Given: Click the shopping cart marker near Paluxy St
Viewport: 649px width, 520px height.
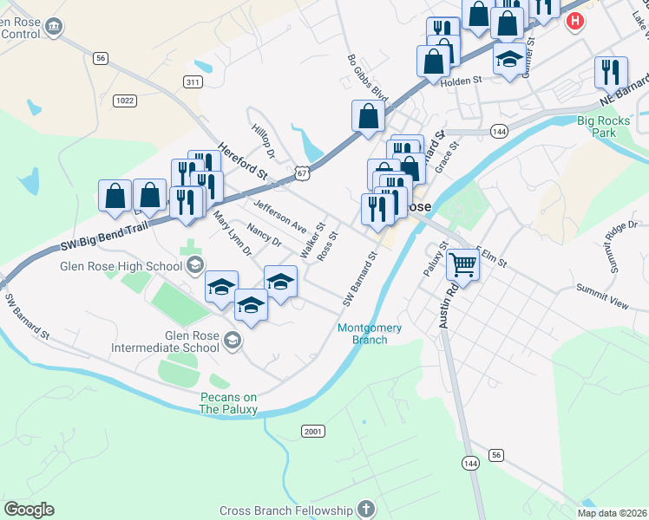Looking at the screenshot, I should click(463, 263).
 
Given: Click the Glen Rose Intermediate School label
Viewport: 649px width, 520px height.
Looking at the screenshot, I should click(166, 341).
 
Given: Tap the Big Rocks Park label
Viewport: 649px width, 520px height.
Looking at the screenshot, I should click(608, 127).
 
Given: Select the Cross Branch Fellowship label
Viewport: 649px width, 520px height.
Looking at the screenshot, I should click(286, 510).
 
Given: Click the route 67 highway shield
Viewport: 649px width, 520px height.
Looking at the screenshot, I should click(301, 173).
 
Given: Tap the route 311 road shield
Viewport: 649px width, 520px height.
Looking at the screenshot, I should click(193, 81).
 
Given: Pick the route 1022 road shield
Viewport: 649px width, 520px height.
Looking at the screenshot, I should click(124, 101).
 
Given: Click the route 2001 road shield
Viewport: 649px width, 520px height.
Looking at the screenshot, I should click(313, 431).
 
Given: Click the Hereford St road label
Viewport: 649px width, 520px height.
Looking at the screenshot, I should click(245, 163).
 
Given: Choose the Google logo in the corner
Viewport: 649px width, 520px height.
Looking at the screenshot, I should click(29, 510).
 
